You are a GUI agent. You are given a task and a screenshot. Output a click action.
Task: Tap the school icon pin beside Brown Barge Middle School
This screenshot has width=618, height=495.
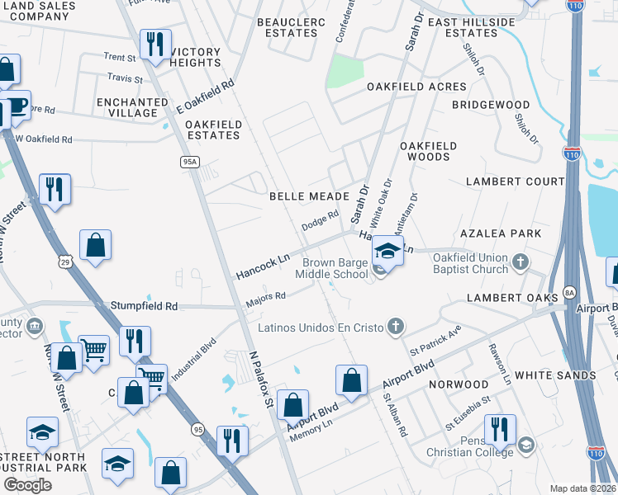(387, 250)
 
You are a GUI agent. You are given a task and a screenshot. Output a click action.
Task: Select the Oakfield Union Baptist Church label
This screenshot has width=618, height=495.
(471, 263)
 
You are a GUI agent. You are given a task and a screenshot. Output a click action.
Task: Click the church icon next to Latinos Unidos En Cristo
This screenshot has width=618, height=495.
(396, 327)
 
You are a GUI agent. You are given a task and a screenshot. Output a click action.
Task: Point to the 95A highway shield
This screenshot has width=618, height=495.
(189, 163)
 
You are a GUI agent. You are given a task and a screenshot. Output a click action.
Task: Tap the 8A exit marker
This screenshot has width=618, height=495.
(568, 292)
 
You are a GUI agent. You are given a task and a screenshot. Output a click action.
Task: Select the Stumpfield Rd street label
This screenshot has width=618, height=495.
(144, 306)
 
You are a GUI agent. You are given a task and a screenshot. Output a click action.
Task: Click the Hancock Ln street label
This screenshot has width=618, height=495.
(263, 265)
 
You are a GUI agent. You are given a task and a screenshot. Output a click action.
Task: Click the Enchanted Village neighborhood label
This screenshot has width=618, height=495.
(126, 106)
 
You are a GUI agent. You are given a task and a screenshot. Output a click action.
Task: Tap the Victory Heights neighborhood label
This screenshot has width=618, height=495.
(196, 58)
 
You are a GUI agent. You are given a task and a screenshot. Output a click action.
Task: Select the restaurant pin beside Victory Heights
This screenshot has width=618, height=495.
(154, 45)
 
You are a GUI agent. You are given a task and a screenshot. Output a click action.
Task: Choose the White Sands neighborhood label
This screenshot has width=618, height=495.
(555, 375)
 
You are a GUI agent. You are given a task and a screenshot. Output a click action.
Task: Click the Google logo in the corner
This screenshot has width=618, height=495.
(27, 485)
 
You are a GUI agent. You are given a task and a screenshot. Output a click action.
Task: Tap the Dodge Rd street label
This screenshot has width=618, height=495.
(320, 220)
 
